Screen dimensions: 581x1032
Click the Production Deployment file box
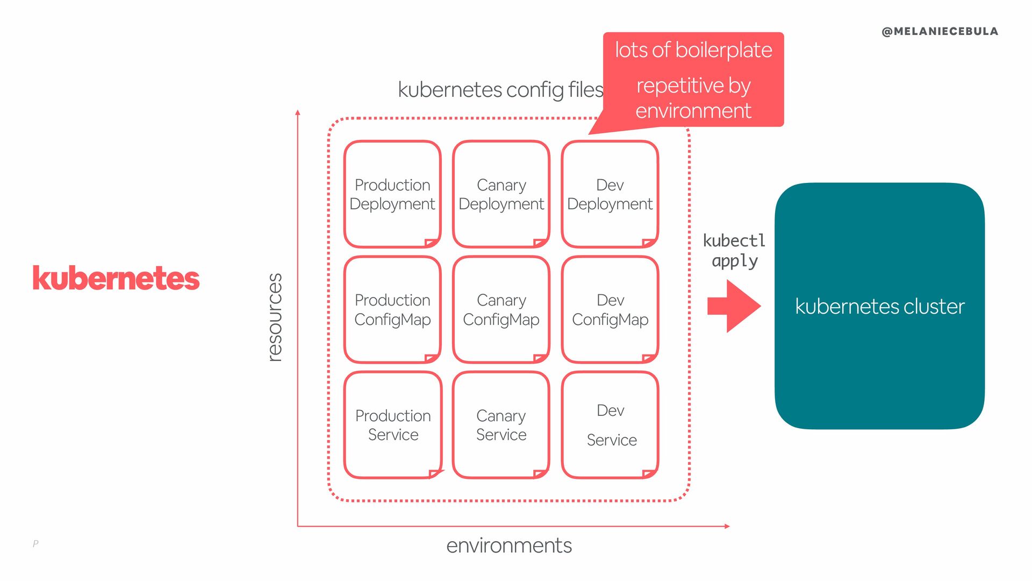click(392, 194)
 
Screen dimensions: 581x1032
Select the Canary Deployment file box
click(501, 194)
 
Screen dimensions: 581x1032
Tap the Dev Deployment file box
click(610, 194)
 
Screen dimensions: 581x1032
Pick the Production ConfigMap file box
click(392, 309)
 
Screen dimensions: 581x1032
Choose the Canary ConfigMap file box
click(501, 309)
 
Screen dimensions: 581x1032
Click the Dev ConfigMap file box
click(610, 309)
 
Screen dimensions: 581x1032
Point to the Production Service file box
click(393, 425)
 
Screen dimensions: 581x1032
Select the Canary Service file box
click(501, 425)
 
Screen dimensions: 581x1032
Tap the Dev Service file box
click(611, 425)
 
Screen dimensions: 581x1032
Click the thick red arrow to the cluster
click(734, 306)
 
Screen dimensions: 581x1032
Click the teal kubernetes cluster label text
click(879, 307)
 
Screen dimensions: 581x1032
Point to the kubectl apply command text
click(734, 251)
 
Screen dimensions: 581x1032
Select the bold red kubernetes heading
click(116, 279)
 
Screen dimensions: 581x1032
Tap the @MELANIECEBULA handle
click(940, 32)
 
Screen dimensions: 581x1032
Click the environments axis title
click(509, 545)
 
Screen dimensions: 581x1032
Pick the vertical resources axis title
click(275, 317)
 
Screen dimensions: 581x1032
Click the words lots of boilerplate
click(693, 50)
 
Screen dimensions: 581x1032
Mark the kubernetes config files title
click(500, 90)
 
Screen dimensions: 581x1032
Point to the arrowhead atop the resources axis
click(298, 112)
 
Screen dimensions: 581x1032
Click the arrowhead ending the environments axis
click(727, 526)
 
